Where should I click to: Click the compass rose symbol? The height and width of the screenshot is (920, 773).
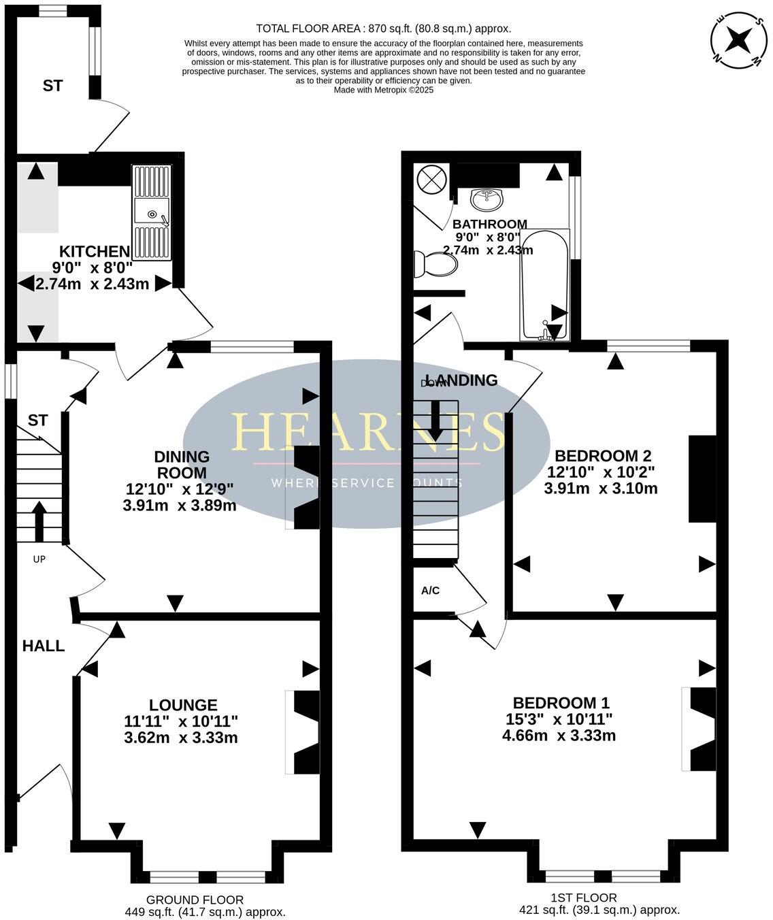pyautogui.click(x=737, y=41)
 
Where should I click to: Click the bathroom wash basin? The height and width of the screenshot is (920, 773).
pyautogui.click(x=487, y=199)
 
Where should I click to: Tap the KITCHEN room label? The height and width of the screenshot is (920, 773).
pyautogui.click(x=94, y=251)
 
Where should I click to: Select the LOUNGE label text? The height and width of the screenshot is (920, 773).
pyautogui.click(x=183, y=705)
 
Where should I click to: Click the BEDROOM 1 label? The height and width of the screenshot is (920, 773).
pyautogui.click(x=561, y=702)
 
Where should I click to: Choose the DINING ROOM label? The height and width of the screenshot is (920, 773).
pyautogui.click(x=181, y=464)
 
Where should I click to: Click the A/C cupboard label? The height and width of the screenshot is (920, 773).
pyautogui.click(x=430, y=591)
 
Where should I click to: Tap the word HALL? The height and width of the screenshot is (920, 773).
pyautogui.click(x=44, y=646)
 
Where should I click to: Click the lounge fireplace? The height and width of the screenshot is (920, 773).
pyautogui.click(x=304, y=732)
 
